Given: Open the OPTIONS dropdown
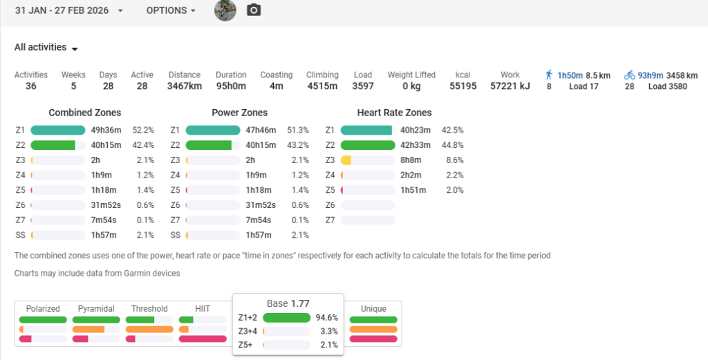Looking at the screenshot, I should pos(170,11).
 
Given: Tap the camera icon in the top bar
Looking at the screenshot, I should pos(254,10).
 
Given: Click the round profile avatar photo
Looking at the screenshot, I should pos(225,10).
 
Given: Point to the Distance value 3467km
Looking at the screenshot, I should pos(185,86).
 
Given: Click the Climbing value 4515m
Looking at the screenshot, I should pos(322,86).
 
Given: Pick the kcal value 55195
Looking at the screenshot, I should pos(463,86).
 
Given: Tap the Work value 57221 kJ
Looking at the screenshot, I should pos(510,86).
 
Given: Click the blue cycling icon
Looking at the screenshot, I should pos(629,75).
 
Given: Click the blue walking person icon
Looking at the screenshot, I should pos(549,75).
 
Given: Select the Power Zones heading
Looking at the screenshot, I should pos(239,113).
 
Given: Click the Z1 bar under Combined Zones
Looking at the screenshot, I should pos(58,130).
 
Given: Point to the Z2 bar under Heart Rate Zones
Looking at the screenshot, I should pos(368,145).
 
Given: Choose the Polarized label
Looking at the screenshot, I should pos(43,309).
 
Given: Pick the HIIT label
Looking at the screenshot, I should pos(203,309).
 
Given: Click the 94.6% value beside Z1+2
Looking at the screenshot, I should pos(326,318).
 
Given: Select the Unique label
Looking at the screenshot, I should pos(373,309).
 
